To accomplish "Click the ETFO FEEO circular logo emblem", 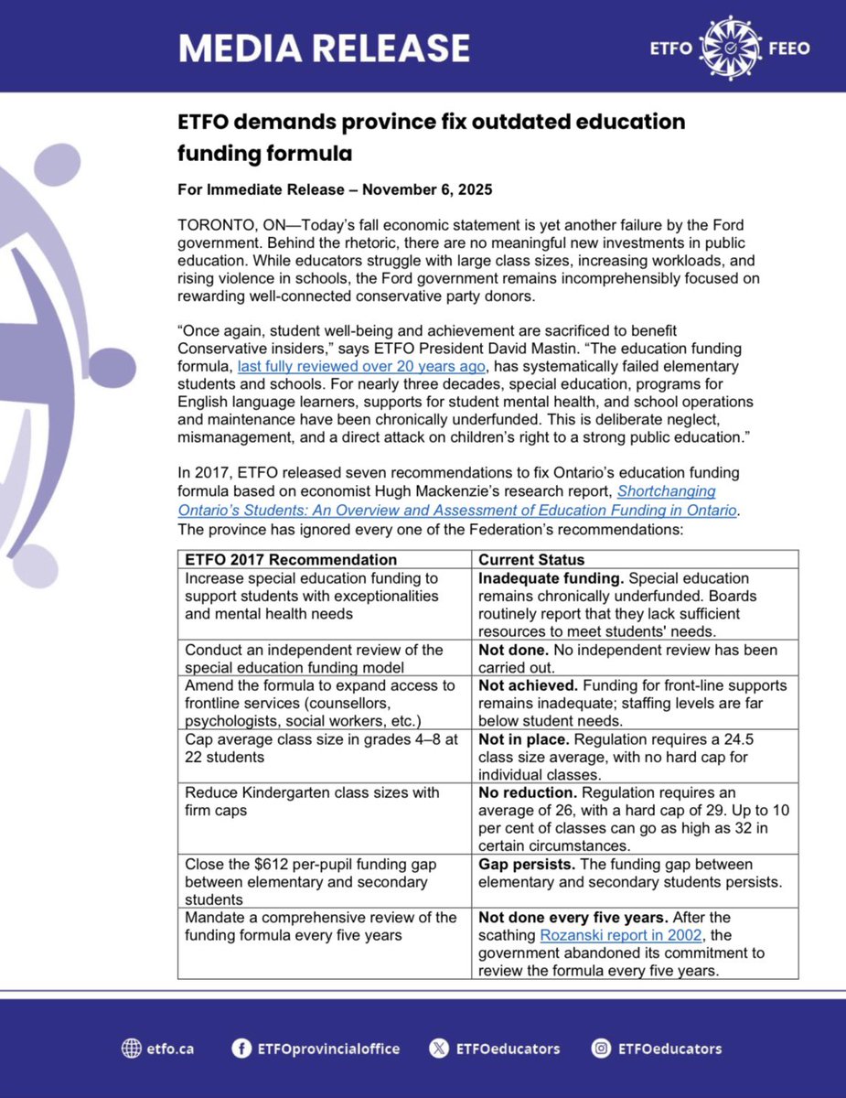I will pos(728,47).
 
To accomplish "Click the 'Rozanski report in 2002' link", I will pos(619,935).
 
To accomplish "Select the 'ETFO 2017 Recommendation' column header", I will pos(291,559).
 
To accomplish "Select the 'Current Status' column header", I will pos(531,559).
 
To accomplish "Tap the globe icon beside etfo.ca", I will pos(132,1049).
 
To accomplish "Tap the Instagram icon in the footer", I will pos(601,1049).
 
